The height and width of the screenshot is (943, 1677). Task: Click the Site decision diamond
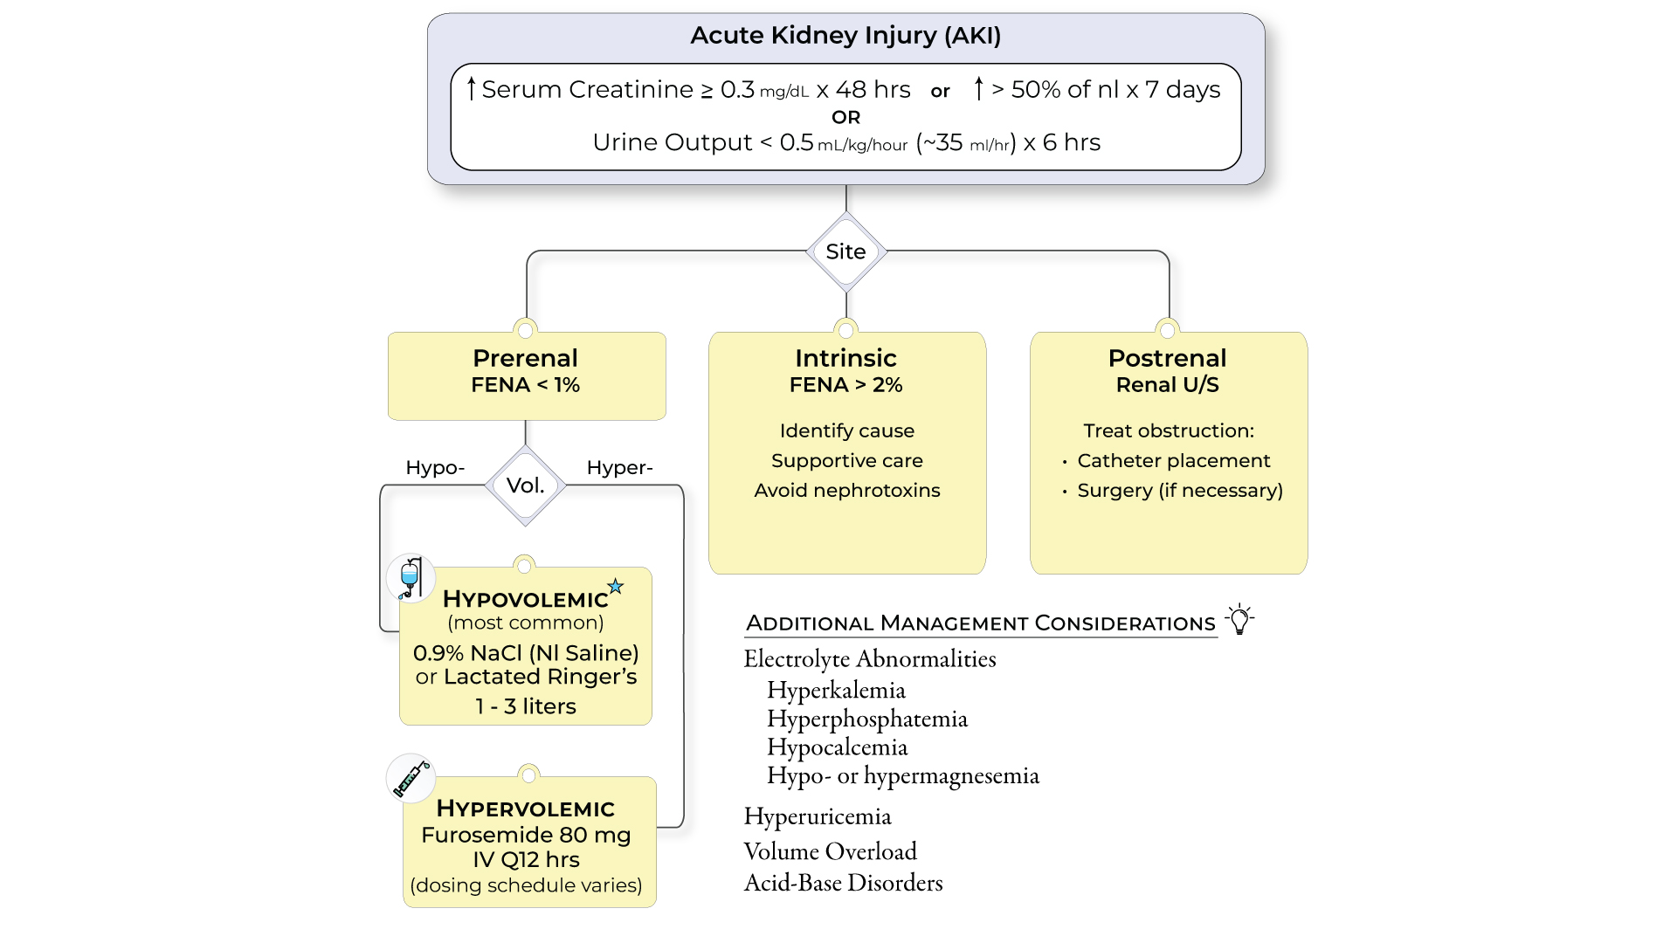[x=845, y=251]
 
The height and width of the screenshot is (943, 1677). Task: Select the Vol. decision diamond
[x=525, y=485]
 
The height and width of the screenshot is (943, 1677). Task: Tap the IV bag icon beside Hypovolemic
[x=411, y=578]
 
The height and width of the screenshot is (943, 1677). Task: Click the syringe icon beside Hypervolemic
[x=411, y=777]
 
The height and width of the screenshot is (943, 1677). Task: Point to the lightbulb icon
[x=1239, y=618]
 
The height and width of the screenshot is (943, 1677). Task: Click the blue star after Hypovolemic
[x=616, y=587]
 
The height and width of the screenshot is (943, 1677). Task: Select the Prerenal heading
[x=525, y=358]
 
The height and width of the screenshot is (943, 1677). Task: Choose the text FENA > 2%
[x=845, y=385]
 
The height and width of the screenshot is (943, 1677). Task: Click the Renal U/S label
[x=1167, y=385]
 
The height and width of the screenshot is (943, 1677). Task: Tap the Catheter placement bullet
[x=1173, y=460]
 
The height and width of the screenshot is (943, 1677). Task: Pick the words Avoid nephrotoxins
[x=846, y=490]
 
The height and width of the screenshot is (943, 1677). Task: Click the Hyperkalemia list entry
[x=836, y=690]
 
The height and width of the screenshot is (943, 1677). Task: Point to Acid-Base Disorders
[x=843, y=883]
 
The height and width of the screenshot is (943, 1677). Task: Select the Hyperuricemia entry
[x=818, y=816]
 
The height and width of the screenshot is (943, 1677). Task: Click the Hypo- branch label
[x=435, y=467]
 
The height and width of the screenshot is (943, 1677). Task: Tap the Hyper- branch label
[x=619, y=467]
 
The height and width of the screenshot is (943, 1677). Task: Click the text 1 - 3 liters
[x=525, y=706]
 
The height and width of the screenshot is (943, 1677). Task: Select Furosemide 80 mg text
[x=525, y=835]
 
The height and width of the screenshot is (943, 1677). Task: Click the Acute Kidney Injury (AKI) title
[x=845, y=36]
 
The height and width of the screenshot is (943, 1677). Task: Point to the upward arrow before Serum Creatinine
[x=472, y=88]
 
